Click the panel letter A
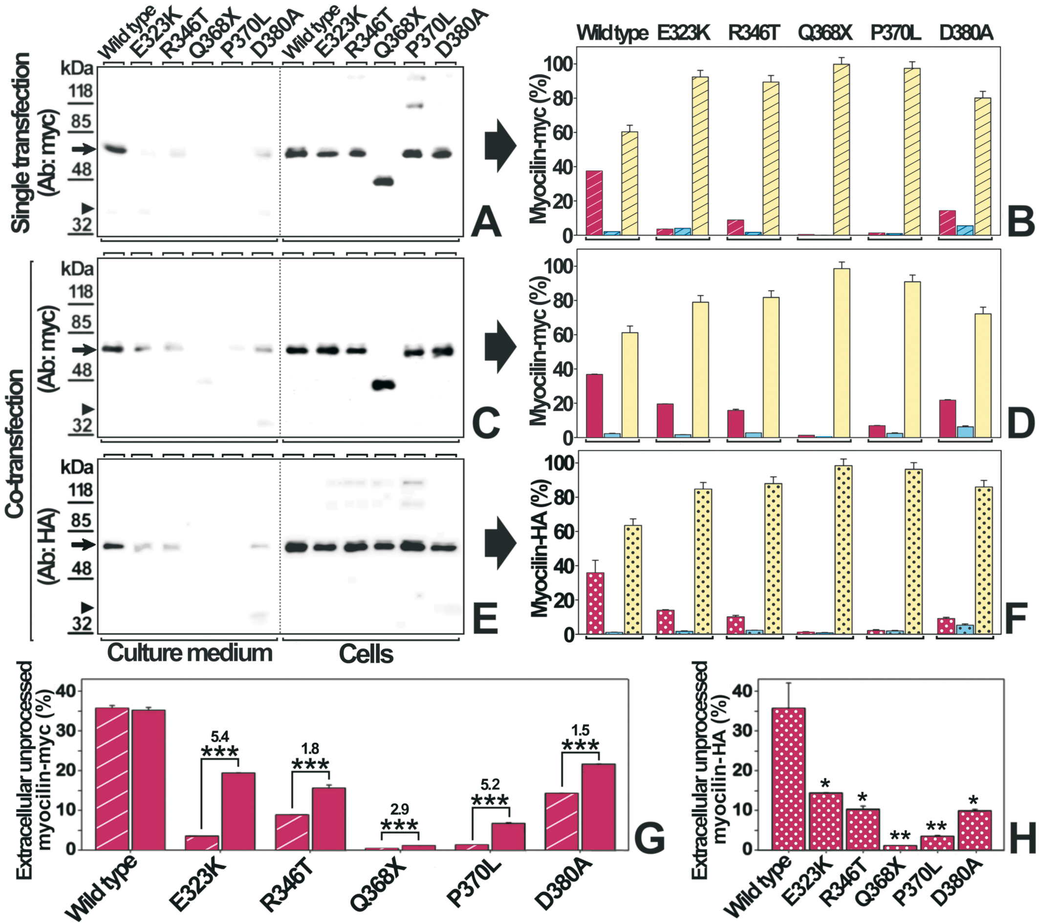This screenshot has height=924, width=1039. point(486,223)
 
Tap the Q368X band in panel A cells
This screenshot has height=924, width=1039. point(383,181)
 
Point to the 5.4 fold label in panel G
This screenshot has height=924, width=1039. point(219,736)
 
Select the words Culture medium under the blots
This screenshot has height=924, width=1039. point(190,653)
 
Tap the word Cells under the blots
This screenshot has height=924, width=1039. point(366,654)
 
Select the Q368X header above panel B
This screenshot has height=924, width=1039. point(824,33)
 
